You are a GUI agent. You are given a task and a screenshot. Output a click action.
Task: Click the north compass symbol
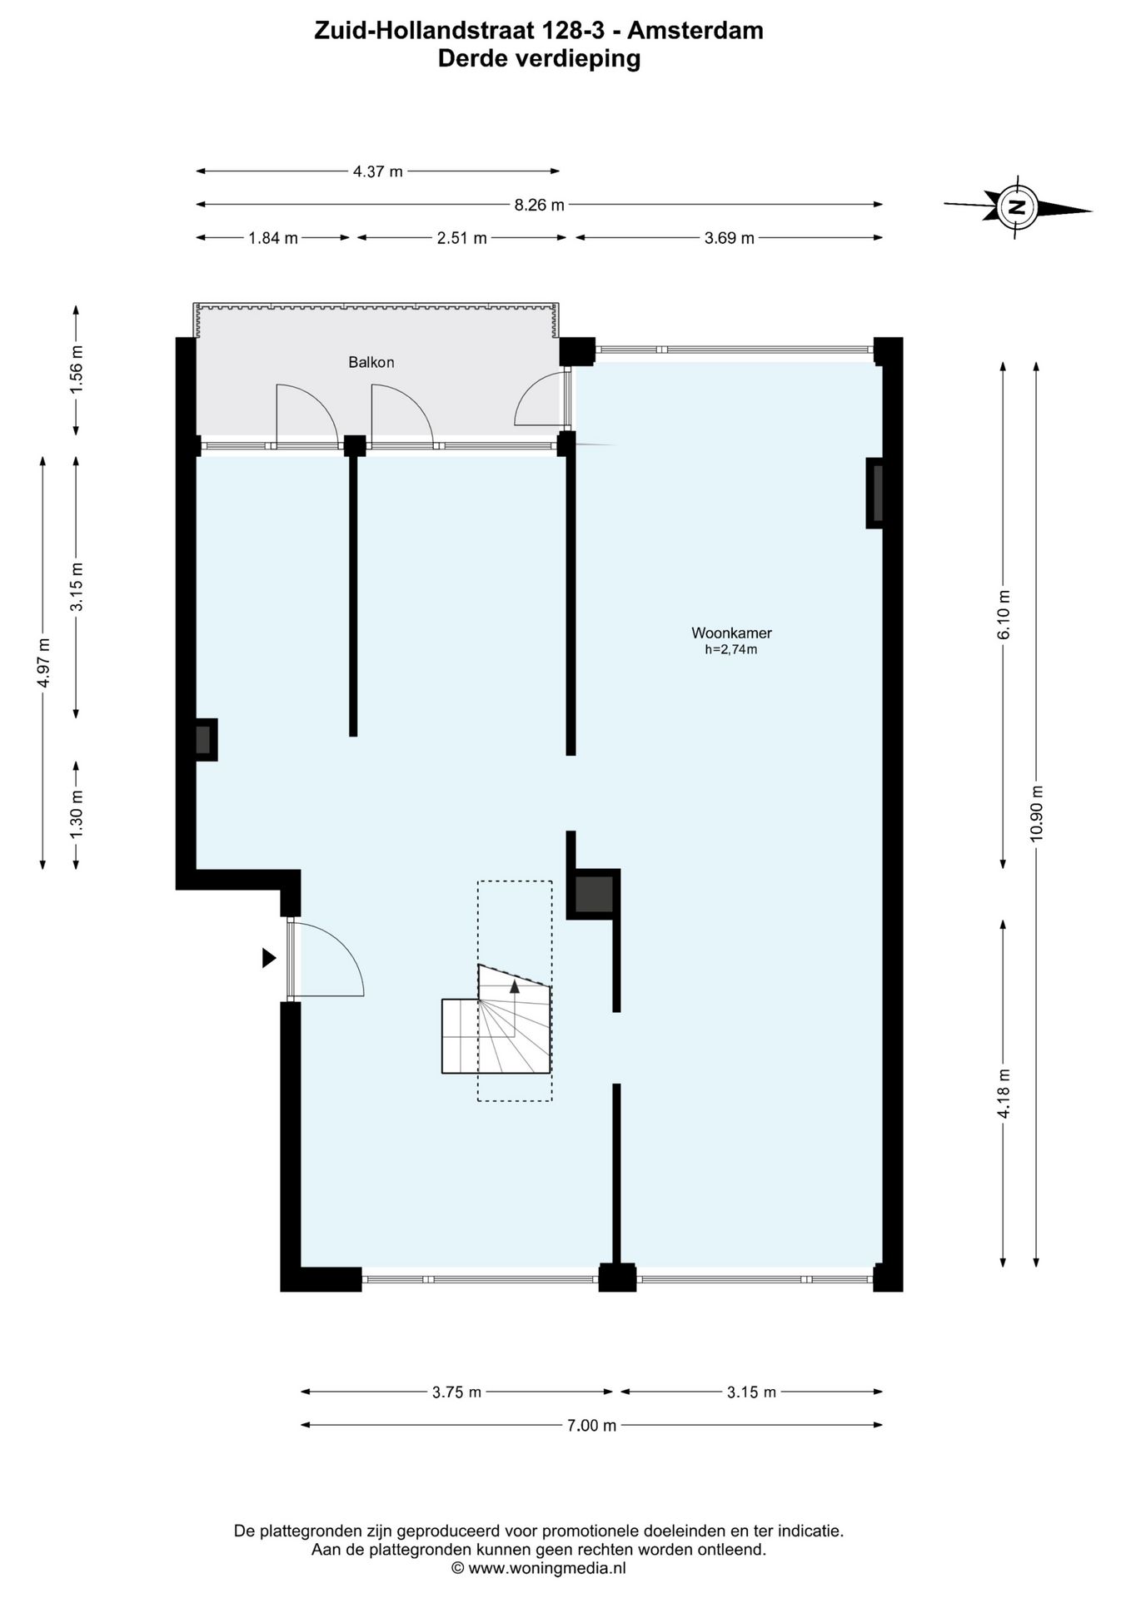click(1018, 206)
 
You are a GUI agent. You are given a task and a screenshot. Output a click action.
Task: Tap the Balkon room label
click(371, 362)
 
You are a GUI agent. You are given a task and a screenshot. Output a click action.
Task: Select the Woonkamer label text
click(731, 633)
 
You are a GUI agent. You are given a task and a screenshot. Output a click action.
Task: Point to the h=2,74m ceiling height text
click(731, 650)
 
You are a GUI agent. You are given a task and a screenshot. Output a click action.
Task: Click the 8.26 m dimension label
click(539, 205)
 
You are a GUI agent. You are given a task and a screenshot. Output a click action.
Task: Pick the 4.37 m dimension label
click(377, 171)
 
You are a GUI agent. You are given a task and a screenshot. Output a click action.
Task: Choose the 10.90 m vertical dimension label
click(1036, 813)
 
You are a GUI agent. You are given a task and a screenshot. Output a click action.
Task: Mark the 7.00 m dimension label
click(591, 1425)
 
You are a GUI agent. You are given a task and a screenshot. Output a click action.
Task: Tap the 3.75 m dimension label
click(456, 1392)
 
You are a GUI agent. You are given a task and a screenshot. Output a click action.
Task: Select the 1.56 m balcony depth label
click(76, 369)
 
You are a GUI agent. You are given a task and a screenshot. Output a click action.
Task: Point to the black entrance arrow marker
click(269, 958)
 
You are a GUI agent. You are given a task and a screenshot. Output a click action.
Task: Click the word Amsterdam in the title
click(695, 31)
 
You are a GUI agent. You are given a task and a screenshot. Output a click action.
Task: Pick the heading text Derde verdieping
click(539, 58)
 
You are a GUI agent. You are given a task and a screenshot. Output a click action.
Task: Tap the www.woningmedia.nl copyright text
click(538, 1568)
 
